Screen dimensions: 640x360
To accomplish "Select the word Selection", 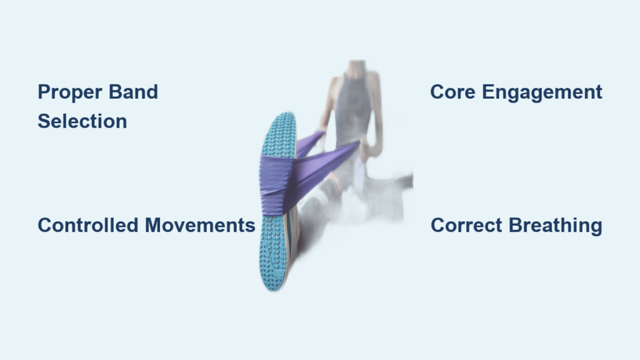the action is [82, 121].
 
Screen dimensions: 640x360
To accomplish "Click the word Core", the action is [452, 92].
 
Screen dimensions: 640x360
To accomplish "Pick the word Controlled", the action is [88, 225].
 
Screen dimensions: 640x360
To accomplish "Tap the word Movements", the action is [200, 225].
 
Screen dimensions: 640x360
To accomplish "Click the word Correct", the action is [466, 225].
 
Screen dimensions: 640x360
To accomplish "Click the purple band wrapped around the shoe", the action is [276, 184].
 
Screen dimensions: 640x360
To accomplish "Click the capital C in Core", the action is [437, 92].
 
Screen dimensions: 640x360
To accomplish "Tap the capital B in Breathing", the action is [516, 225].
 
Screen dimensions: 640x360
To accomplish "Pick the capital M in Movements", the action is [154, 225].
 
